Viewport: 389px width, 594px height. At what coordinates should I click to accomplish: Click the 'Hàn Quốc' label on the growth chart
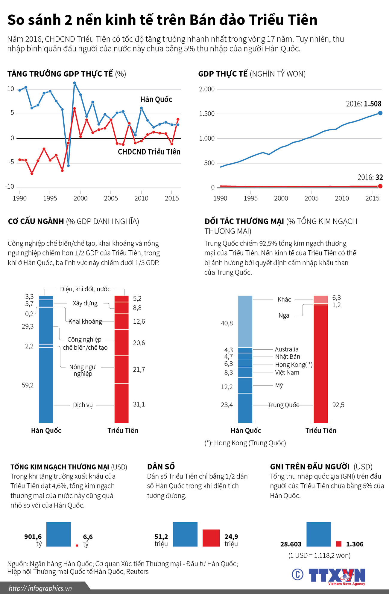point(156,100)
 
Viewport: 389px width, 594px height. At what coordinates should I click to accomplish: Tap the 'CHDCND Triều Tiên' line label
point(149,152)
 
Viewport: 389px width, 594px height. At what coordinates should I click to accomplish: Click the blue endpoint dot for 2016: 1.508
point(380,113)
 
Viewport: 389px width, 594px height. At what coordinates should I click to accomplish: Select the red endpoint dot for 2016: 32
point(380,186)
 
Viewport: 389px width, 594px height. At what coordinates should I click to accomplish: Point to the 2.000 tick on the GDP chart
point(207,89)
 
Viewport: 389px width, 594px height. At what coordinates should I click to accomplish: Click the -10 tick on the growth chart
point(10,187)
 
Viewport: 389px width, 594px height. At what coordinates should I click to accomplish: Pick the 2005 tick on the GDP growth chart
point(111,198)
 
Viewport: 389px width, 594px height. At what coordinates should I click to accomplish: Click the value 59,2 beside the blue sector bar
point(28,385)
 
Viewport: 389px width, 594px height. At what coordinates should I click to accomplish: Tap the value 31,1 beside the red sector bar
point(139,404)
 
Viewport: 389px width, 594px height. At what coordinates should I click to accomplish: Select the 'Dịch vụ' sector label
point(83,405)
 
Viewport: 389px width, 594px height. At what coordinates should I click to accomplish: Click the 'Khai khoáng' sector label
point(85,322)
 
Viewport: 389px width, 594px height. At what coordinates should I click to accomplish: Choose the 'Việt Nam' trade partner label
point(287,373)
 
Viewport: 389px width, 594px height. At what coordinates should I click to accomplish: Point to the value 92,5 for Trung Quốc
point(338,405)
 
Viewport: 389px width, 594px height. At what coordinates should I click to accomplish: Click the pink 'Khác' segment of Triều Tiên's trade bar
point(321,299)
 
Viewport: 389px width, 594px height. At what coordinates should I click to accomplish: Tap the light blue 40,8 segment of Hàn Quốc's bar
point(245,322)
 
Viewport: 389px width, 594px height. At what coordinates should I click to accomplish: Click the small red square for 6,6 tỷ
point(77,546)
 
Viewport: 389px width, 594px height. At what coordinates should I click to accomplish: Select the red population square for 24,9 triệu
point(211,538)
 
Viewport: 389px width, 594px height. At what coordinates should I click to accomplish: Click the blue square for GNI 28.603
point(319,534)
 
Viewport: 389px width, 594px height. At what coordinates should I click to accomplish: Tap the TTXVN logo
point(337,575)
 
